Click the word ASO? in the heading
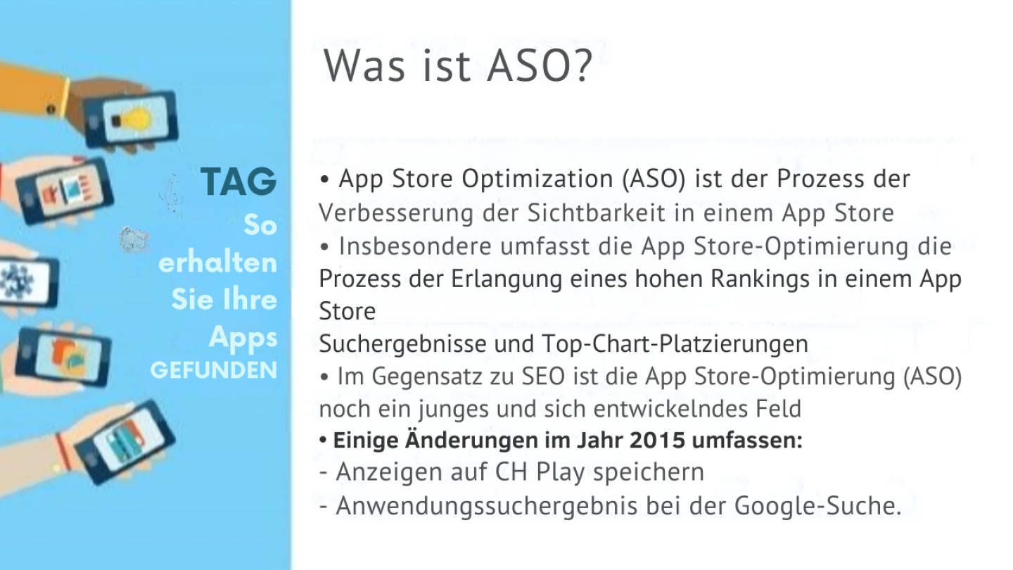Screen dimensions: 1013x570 click(x=540, y=66)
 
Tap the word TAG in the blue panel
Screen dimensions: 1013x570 click(x=238, y=182)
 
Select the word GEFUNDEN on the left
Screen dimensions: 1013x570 click(x=214, y=370)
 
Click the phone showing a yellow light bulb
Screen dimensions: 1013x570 click(x=131, y=120)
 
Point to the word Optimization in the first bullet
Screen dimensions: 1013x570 click(x=537, y=179)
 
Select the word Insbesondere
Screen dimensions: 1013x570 click(x=415, y=246)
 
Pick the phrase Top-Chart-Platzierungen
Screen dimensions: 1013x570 click(x=675, y=344)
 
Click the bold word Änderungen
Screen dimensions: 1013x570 click(x=471, y=441)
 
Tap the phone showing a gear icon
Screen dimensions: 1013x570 click(x=28, y=281)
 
